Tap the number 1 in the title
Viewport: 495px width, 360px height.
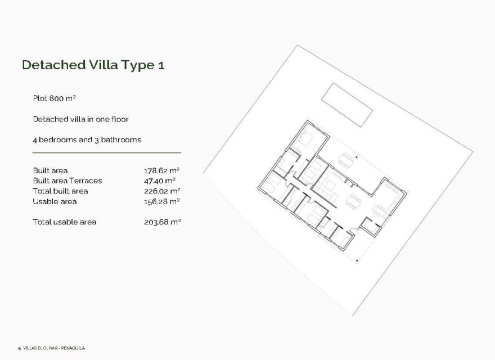point(161,65)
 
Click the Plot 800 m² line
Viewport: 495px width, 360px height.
point(54,98)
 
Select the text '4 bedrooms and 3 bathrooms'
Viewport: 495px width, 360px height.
point(87,139)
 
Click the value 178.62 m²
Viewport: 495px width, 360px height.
point(162,170)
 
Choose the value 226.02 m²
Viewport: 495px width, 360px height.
point(162,191)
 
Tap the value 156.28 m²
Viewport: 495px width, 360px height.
point(162,201)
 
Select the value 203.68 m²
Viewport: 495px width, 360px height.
point(162,222)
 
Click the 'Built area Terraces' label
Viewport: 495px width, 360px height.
point(67,181)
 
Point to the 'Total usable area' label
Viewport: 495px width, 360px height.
point(64,222)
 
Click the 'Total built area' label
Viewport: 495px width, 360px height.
point(60,191)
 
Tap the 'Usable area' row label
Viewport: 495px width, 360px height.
point(55,201)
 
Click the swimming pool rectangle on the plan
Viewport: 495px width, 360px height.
point(346,105)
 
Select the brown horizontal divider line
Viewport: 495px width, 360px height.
point(107,152)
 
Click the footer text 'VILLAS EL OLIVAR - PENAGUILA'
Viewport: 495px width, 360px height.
point(54,348)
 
